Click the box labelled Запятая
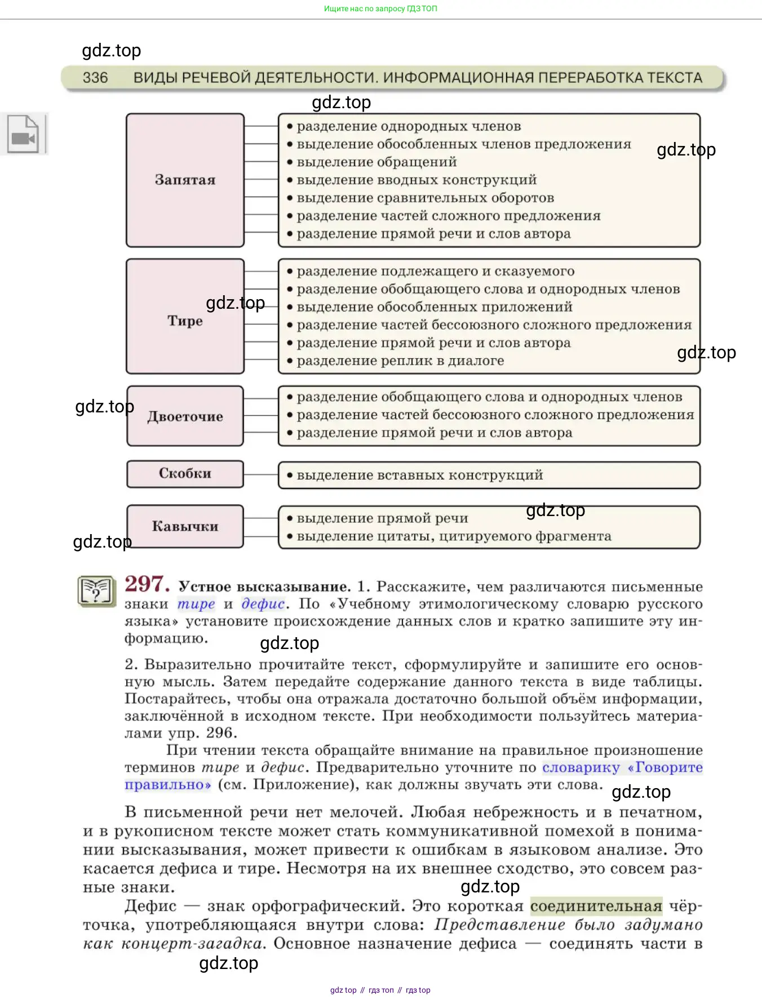(x=185, y=180)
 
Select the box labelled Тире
(x=185, y=321)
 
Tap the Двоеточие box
(x=185, y=416)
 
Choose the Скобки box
(x=185, y=473)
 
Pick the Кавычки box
(x=185, y=526)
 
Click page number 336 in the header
(x=95, y=78)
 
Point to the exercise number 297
(x=147, y=584)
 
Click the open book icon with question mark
(x=96, y=591)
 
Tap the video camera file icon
(x=23, y=134)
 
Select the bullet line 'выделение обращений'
(x=376, y=162)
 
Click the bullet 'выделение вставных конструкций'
(x=419, y=475)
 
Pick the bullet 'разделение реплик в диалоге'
(x=400, y=361)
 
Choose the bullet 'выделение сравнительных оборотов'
(x=425, y=198)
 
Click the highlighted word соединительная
(x=596, y=906)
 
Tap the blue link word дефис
(x=263, y=604)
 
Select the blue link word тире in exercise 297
(x=196, y=604)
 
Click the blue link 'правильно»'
(x=168, y=785)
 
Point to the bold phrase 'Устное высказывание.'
(x=264, y=586)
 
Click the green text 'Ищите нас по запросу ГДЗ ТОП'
(x=380, y=8)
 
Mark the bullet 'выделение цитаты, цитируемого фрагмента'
(x=454, y=536)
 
